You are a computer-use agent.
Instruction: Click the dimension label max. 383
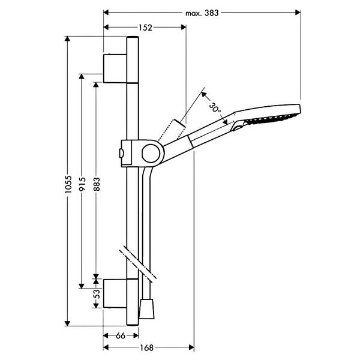(x=202, y=13)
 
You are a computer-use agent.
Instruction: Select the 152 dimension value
(x=145, y=28)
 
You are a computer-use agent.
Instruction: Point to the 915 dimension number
(x=82, y=184)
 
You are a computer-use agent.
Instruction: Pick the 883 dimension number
(x=97, y=184)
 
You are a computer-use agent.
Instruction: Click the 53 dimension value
(x=97, y=293)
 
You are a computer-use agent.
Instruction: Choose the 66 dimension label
(x=121, y=335)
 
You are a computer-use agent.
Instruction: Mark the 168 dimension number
(x=146, y=348)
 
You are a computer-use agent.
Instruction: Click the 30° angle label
(x=215, y=107)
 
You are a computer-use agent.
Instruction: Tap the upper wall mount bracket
(x=115, y=68)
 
